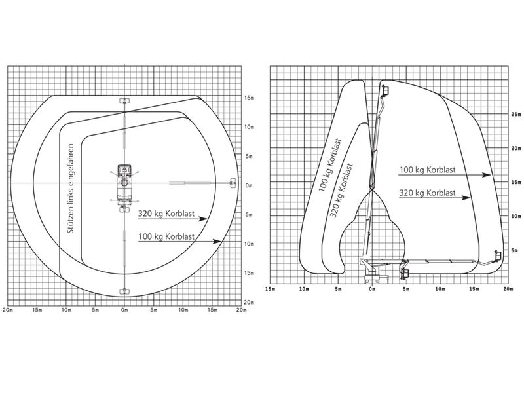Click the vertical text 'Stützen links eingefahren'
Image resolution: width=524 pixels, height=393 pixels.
71,189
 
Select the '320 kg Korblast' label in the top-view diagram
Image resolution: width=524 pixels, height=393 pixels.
166,214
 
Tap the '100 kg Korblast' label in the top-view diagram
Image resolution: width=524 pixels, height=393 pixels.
166,236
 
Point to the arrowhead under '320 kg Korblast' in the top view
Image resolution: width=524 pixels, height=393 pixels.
203,219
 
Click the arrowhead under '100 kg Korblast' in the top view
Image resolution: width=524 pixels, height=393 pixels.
217,242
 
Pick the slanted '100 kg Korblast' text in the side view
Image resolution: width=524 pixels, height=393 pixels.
330,165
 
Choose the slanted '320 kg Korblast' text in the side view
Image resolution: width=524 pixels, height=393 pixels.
341,191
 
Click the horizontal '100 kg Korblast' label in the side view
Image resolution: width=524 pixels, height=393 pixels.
428,170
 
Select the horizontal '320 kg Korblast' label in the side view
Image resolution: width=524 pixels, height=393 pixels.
428,193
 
